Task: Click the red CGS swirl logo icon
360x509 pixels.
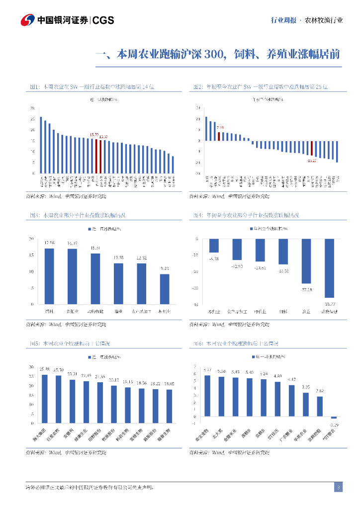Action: click(x=27, y=20)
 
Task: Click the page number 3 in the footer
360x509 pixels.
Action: click(x=338, y=487)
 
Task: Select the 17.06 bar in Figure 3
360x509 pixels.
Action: click(x=49, y=276)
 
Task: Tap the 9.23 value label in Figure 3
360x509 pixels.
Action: click(x=164, y=268)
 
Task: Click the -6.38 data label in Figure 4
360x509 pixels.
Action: click(x=214, y=259)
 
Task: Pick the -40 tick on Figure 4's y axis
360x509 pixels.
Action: click(x=196, y=304)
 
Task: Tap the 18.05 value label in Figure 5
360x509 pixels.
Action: click(x=169, y=383)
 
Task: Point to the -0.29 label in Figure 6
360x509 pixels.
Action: click(x=334, y=425)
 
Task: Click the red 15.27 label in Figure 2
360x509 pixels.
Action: click(x=312, y=161)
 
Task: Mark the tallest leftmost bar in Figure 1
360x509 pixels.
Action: click(x=41, y=145)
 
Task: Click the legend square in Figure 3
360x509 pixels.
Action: click(x=90, y=229)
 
